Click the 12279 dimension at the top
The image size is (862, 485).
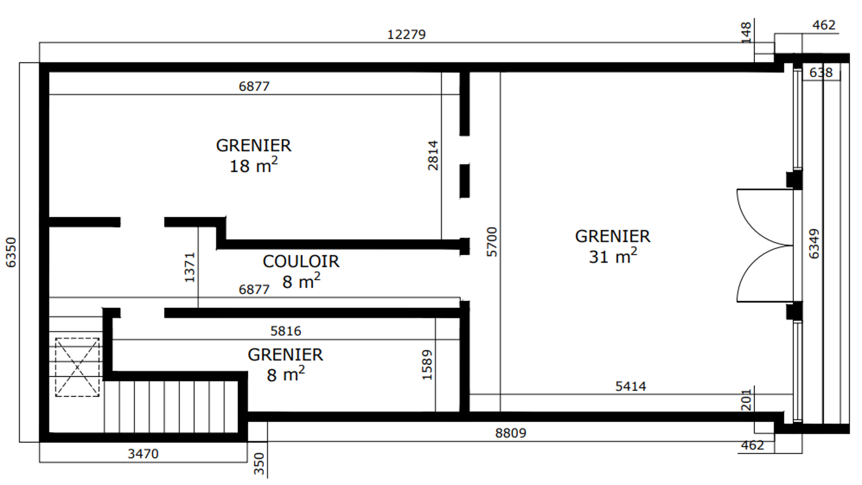[407, 34]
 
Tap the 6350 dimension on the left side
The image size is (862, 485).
[11, 252]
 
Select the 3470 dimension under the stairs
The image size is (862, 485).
[143, 454]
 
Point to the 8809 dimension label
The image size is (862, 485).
[510, 433]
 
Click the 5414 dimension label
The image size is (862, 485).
[631, 386]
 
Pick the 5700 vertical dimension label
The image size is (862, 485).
[492, 242]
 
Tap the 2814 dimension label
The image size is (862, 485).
[433, 155]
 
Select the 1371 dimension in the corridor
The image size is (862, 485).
[190, 267]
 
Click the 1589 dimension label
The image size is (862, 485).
[427, 365]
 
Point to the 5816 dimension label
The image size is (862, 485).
[286, 331]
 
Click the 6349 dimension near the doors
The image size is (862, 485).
[814, 244]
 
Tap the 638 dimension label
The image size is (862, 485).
[821, 72]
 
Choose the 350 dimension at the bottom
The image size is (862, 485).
[259, 463]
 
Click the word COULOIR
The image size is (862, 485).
[301, 261]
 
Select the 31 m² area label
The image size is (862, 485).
[613, 256]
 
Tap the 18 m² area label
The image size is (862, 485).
[254, 165]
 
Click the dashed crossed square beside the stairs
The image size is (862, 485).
[77, 367]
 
